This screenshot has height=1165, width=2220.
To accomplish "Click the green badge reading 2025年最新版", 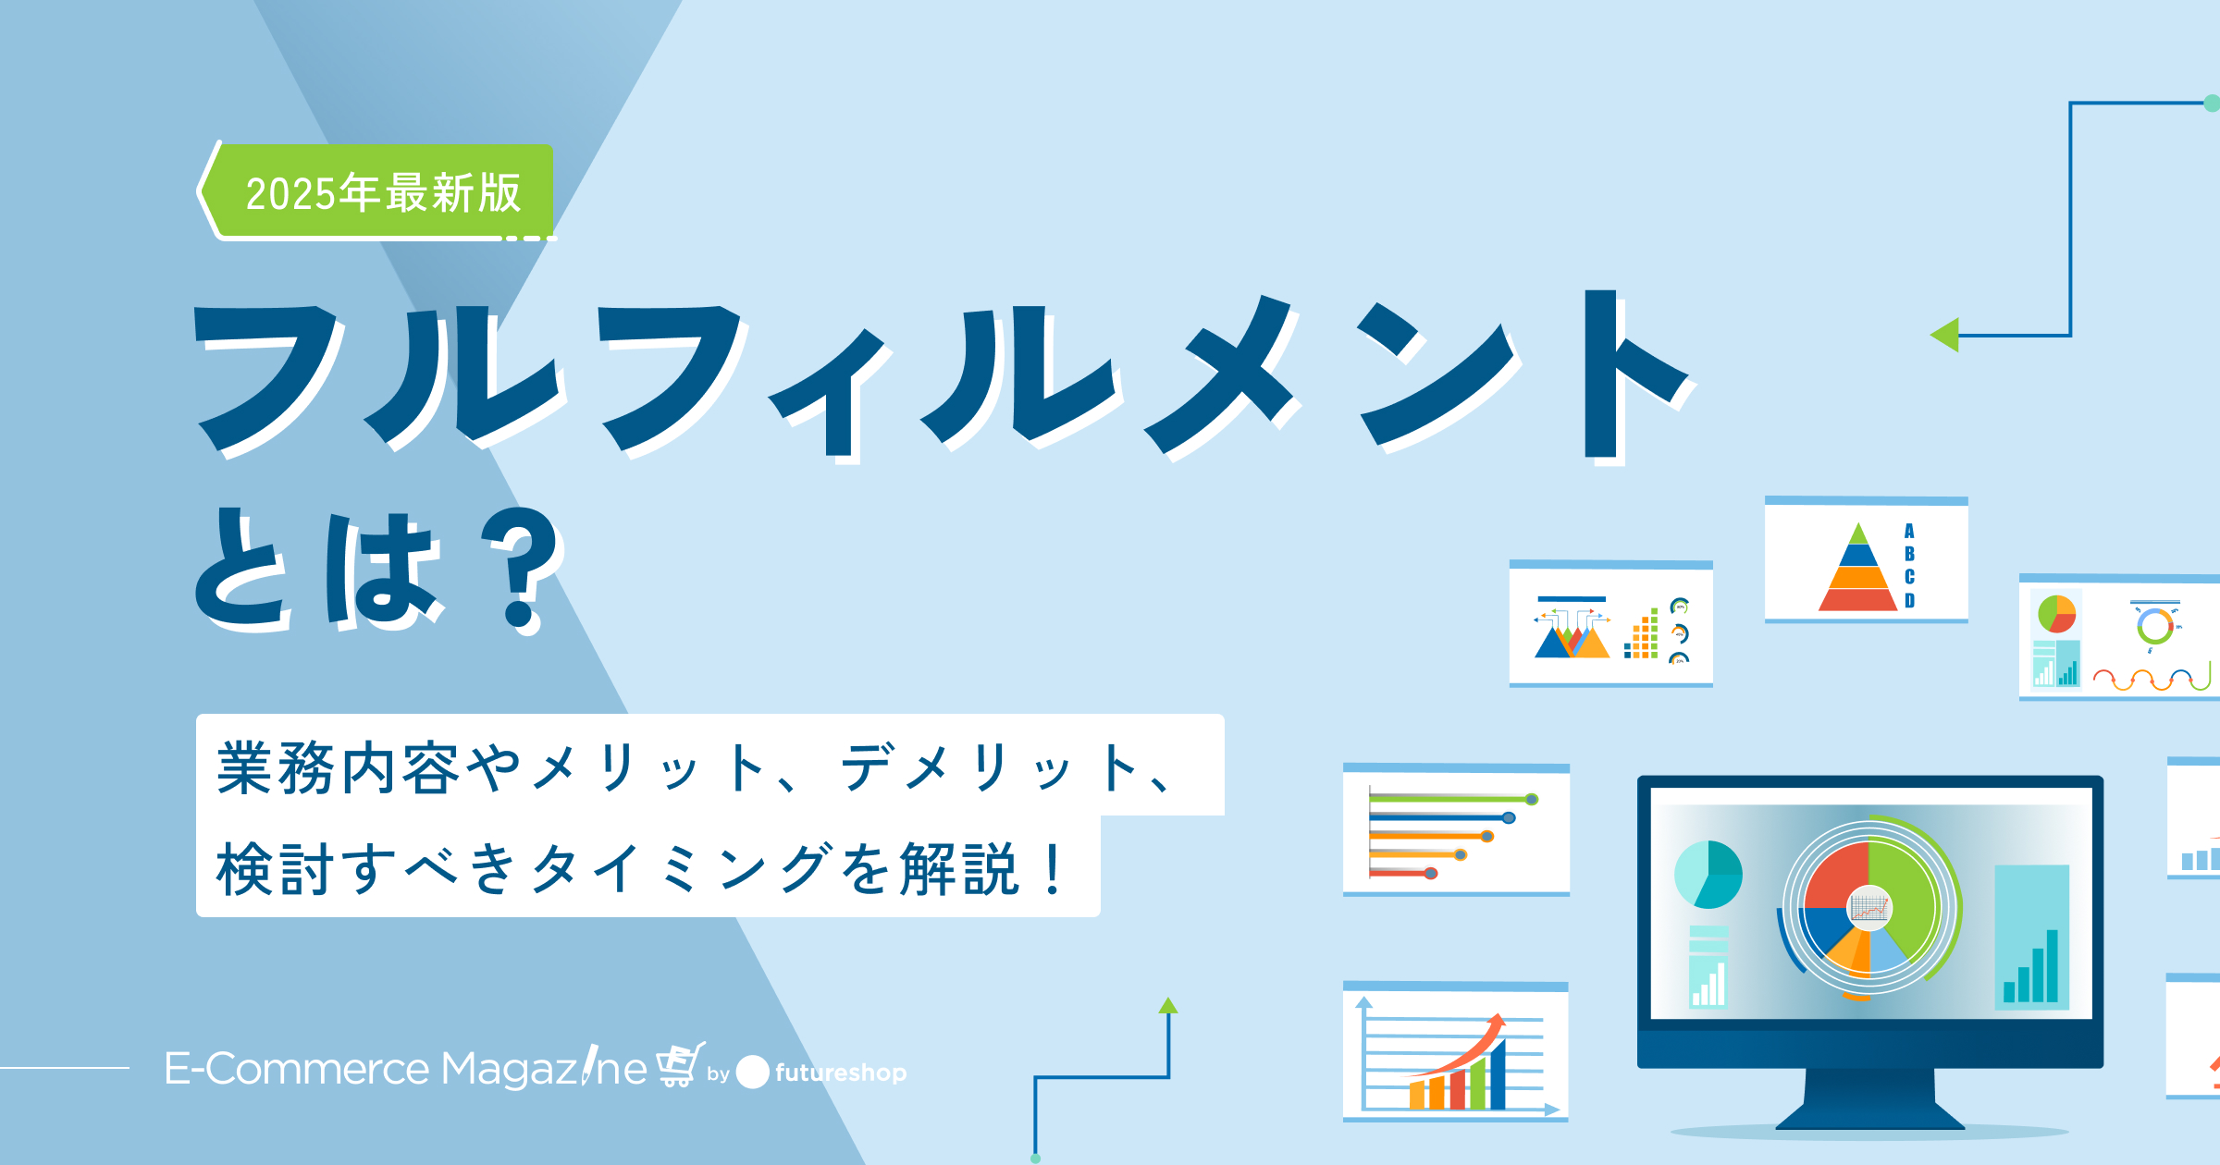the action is tap(379, 191).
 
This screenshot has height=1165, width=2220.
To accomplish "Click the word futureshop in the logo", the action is tap(841, 1073).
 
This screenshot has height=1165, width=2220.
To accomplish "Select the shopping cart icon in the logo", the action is tap(681, 1064).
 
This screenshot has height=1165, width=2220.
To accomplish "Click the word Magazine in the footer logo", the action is tap(544, 1068).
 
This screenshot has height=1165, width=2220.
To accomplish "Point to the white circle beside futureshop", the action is tap(752, 1072).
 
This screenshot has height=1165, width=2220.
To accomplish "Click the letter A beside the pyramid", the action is tap(1909, 531).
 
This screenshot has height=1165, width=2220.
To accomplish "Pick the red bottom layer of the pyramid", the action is tap(1858, 600).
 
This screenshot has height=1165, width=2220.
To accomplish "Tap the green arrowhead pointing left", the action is tap(1945, 335).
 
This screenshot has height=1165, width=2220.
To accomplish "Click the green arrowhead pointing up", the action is tap(1168, 1006).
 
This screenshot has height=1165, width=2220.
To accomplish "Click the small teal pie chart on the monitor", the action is tap(1708, 874).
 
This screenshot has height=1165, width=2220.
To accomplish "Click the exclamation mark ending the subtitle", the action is tap(1053, 869).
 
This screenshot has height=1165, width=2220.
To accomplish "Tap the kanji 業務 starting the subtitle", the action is tap(275, 767).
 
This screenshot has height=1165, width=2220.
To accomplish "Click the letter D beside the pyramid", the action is tap(1909, 600).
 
